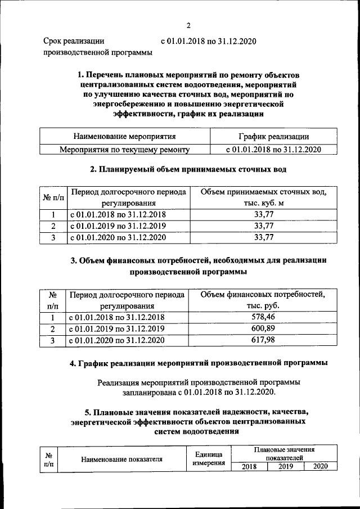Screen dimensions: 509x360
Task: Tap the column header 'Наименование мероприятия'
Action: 124,136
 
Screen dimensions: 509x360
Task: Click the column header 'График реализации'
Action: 273,136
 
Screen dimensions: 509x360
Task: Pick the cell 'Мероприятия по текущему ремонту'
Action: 124,150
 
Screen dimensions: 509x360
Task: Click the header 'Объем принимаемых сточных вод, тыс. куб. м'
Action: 263,197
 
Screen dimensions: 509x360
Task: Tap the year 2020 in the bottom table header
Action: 320,466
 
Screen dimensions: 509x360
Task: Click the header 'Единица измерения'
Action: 209,458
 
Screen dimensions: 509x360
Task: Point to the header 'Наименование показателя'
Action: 122,459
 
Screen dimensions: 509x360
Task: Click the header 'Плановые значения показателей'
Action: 284,454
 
